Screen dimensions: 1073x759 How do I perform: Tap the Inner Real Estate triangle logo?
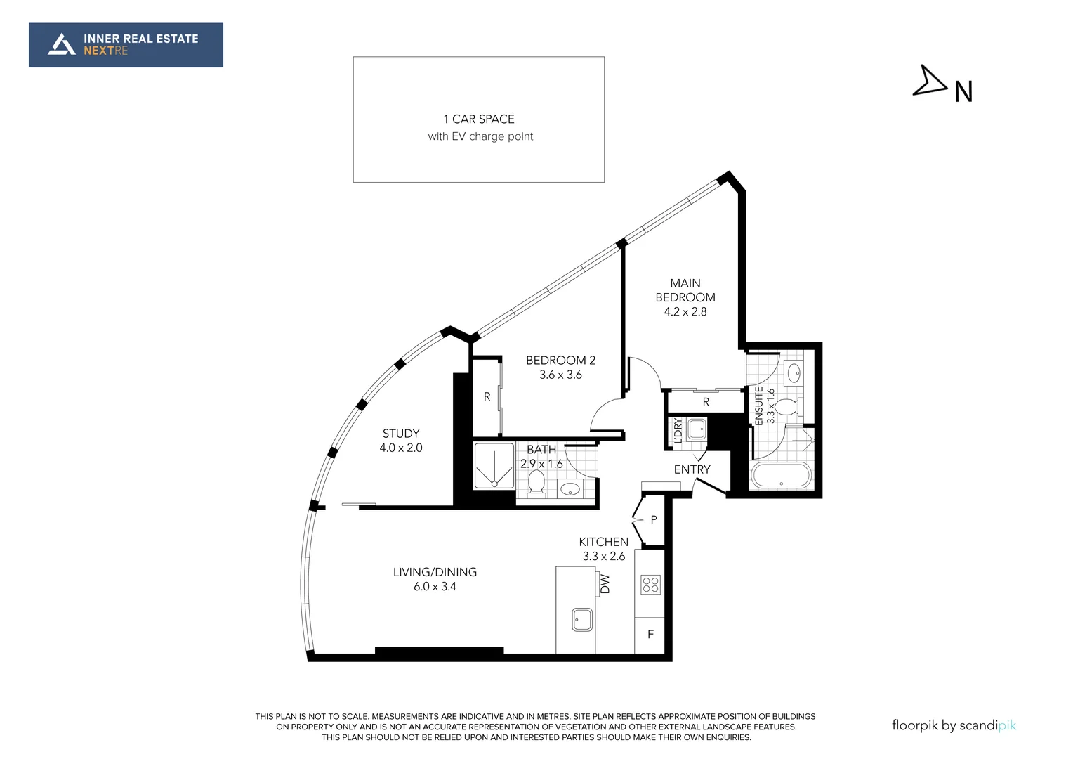[x=61, y=44]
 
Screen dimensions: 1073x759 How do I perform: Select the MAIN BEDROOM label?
[x=685, y=290]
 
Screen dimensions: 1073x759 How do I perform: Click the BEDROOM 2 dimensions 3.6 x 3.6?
[x=560, y=375]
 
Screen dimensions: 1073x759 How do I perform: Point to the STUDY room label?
[x=401, y=434]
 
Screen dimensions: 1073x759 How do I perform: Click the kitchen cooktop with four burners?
[x=650, y=585]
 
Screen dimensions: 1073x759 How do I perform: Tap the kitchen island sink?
[x=582, y=619]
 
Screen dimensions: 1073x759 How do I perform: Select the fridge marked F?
[x=650, y=635]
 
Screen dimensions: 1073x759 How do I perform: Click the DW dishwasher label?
[x=605, y=584]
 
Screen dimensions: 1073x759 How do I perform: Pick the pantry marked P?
[x=652, y=520]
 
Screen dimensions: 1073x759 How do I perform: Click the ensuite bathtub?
[x=782, y=475]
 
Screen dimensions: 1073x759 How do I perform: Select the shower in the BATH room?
[x=494, y=466]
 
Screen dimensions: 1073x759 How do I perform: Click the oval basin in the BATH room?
[x=570, y=490]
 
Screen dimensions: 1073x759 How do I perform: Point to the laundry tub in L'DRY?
[x=696, y=429]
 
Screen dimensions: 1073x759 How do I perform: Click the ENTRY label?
[x=692, y=469]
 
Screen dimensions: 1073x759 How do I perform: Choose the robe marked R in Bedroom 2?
[x=487, y=397]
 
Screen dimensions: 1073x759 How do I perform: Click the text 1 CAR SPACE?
[x=478, y=119]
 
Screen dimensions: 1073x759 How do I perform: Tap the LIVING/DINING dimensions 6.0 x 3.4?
[x=435, y=586]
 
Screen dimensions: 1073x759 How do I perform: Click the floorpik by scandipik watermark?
[x=954, y=726]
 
